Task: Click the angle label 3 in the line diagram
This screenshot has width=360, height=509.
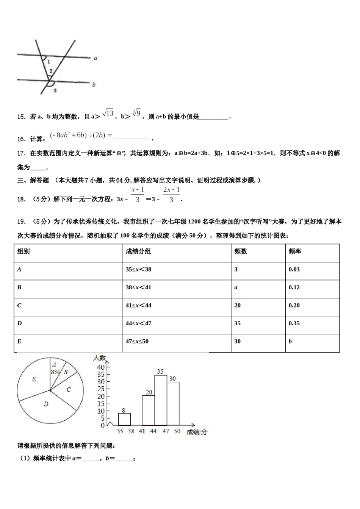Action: [x=55, y=91]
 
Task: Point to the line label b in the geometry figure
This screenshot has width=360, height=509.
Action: [x=94, y=84]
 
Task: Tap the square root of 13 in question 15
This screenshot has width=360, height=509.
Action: [x=108, y=113]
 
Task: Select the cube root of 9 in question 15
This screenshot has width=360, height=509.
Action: [x=137, y=113]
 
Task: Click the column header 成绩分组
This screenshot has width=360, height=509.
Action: [x=138, y=251]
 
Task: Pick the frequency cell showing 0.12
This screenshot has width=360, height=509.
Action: [x=294, y=287]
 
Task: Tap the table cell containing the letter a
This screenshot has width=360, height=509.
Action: [x=236, y=287]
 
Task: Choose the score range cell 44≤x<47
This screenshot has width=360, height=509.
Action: [x=138, y=323]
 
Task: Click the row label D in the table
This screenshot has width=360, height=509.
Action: [x=20, y=323]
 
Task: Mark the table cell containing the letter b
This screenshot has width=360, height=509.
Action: [x=290, y=341]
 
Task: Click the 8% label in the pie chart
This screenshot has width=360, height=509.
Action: [x=55, y=372]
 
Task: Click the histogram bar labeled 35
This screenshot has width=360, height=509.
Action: [x=161, y=400]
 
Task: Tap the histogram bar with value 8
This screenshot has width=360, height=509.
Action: [x=124, y=419]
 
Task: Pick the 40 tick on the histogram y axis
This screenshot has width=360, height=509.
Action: [x=101, y=367]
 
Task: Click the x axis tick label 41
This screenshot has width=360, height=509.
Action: [x=142, y=431]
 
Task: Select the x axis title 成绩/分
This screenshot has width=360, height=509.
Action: [x=197, y=432]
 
